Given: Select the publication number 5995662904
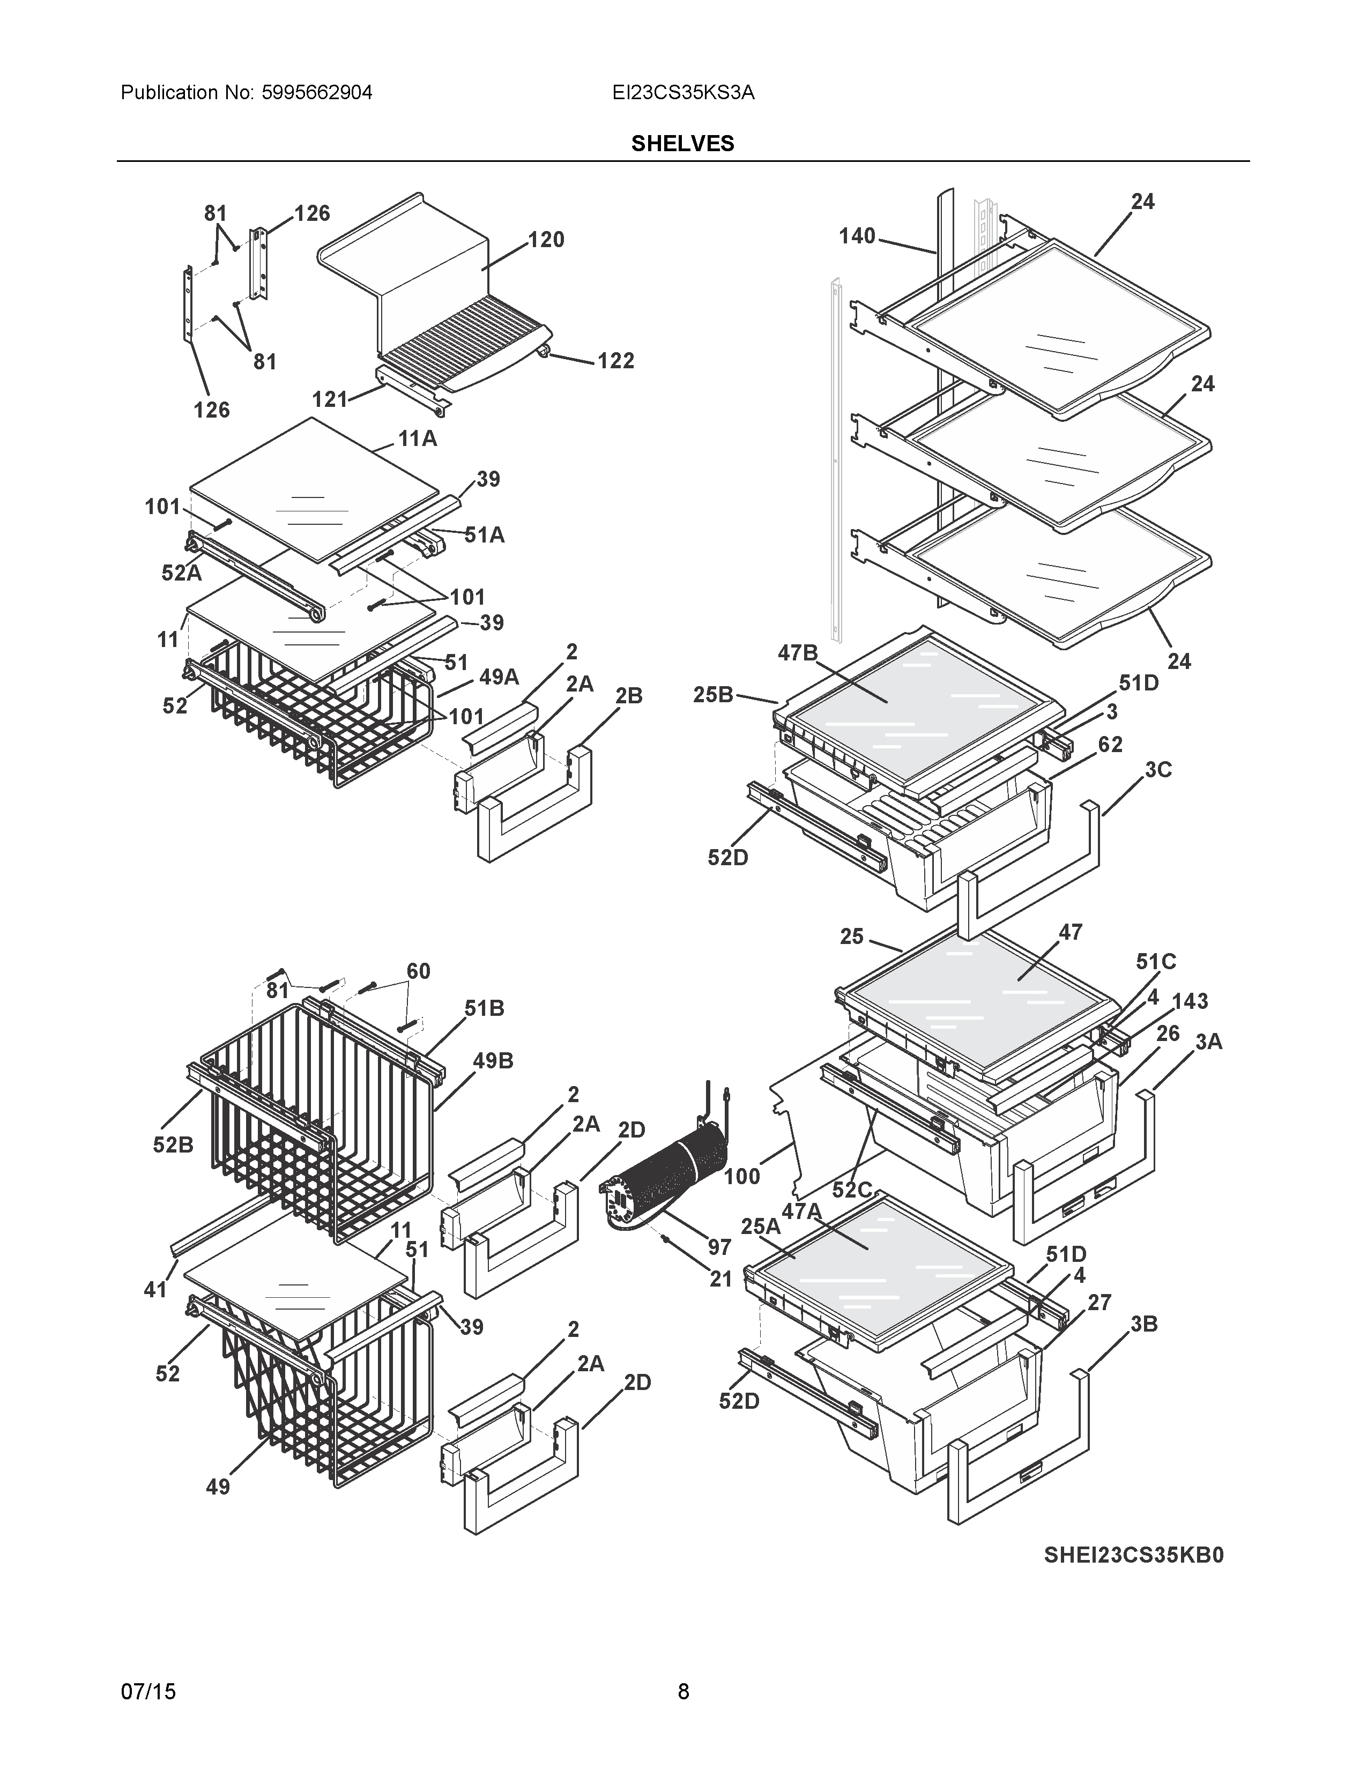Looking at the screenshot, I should tap(317, 92).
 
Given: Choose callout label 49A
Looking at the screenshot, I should tap(499, 677).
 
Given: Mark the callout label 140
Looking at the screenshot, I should tap(857, 236).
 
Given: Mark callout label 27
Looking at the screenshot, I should tap(1099, 1303).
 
